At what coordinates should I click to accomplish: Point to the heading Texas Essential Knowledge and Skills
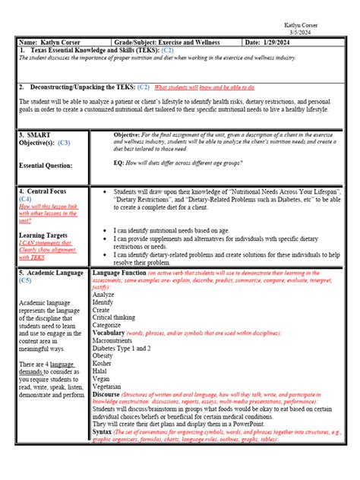[x=84, y=49]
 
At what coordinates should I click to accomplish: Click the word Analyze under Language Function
[x=104, y=295]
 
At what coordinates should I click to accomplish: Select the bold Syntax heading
[x=103, y=431]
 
